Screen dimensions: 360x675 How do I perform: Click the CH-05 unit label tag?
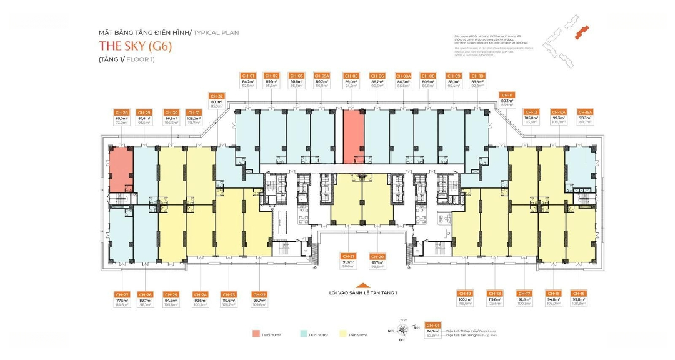click(x=351, y=76)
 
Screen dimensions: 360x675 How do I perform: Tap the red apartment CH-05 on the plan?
click(x=352, y=135)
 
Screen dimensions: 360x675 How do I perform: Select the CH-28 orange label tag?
click(x=121, y=112)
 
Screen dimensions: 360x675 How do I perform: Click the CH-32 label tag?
click(x=217, y=96)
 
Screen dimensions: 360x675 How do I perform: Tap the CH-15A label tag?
click(x=584, y=112)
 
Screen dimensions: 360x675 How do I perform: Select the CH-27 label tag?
click(x=122, y=294)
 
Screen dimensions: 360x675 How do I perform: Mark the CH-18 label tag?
click(x=494, y=294)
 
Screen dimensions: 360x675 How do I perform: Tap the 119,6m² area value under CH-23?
click(x=229, y=300)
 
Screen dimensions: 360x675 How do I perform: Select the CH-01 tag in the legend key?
click(x=432, y=325)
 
